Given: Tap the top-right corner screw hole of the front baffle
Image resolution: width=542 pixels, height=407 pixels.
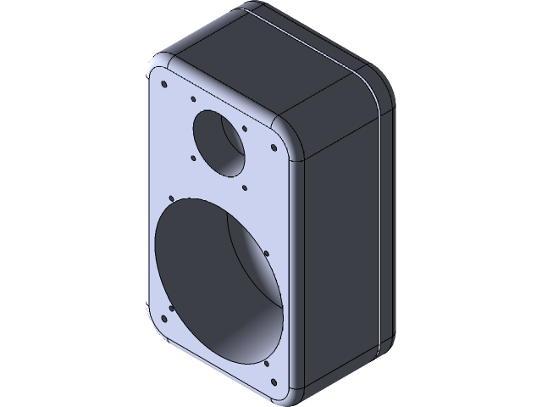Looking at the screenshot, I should point(274,148).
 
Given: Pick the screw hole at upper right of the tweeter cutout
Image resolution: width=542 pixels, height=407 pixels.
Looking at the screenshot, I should point(245,129).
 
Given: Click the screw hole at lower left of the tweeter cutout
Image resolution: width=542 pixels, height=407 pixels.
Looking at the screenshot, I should point(194,157).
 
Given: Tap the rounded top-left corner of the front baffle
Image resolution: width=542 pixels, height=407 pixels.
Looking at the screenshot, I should point(158,67).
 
